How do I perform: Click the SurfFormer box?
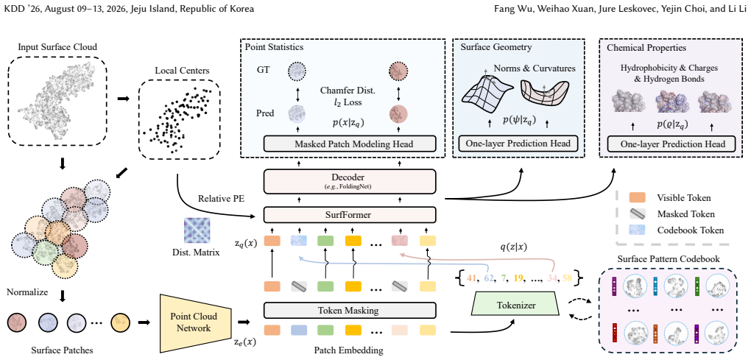[350, 215]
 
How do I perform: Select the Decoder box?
[350, 181]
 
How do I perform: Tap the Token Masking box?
[350, 311]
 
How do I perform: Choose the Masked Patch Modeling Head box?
[350, 144]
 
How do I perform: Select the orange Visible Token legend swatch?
[638, 197]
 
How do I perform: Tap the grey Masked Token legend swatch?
[638, 213]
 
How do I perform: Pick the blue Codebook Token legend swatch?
[638, 229]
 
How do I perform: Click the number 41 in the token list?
[472, 278]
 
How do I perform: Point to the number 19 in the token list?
[518, 278]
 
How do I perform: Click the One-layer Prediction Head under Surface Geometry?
[519, 144]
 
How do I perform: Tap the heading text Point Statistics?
[274, 47]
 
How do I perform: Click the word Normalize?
[27, 292]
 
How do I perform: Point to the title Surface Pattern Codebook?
[669, 259]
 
